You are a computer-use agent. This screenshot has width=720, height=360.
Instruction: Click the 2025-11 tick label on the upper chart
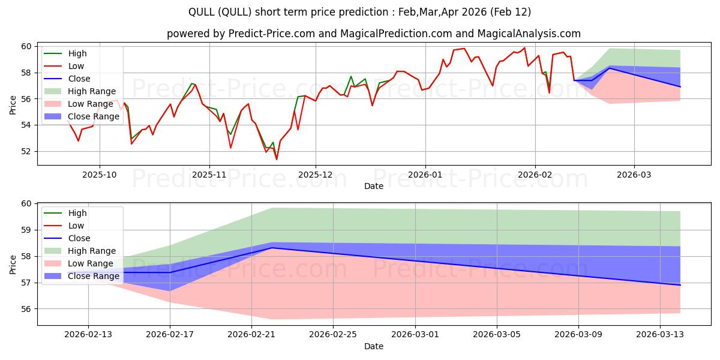pyautogui.click(x=209, y=174)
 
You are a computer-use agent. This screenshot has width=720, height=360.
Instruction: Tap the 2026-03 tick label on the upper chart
pyautogui.click(x=634, y=174)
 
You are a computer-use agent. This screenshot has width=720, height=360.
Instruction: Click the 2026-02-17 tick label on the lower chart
pyautogui.click(x=170, y=334)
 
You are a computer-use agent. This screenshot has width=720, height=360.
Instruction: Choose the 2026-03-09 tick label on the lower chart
pyautogui.click(x=578, y=334)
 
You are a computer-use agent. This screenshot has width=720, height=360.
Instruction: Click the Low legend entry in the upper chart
pyautogui.click(x=76, y=66)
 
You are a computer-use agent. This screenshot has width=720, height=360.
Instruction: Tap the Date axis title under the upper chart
pyautogui.click(x=373, y=186)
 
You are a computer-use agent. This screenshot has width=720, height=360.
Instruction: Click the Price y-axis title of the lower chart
pyautogui.click(x=13, y=263)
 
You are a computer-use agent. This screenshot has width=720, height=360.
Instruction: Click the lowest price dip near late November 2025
pyautogui.click(x=277, y=159)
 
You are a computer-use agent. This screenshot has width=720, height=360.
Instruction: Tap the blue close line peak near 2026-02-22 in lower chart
pyautogui.click(x=272, y=247)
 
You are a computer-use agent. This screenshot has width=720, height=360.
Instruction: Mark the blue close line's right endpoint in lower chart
pyautogui.click(x=680, y=285)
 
